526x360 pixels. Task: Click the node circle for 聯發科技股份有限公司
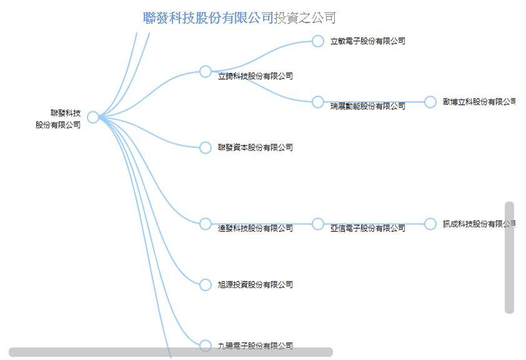pos(93,117)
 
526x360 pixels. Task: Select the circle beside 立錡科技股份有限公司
pos(206,71)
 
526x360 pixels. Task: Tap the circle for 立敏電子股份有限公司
pos(318,41)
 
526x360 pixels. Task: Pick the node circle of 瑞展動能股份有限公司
pos(318,102)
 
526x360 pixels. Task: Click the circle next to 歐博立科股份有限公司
pos(430,102)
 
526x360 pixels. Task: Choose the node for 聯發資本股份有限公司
pos(206,147)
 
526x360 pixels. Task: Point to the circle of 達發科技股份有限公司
pos(206,224)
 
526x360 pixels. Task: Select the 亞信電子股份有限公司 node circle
pos(318,224)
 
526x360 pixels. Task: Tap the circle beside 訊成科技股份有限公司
pos(430,224)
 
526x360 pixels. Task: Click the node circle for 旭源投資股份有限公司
pos(206,285)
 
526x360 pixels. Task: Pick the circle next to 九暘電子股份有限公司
pos(206,345)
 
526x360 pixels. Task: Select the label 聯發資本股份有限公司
pos(256,147)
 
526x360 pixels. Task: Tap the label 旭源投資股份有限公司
pos(256,285)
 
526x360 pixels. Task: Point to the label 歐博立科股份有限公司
pos(479,101)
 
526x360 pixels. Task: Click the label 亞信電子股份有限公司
pos(368,229)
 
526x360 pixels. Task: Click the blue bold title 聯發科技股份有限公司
pos(209,17)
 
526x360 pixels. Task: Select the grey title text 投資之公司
pos(305,17)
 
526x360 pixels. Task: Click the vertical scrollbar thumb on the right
pos(509,257)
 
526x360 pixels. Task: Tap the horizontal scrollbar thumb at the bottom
pos(171,352)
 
